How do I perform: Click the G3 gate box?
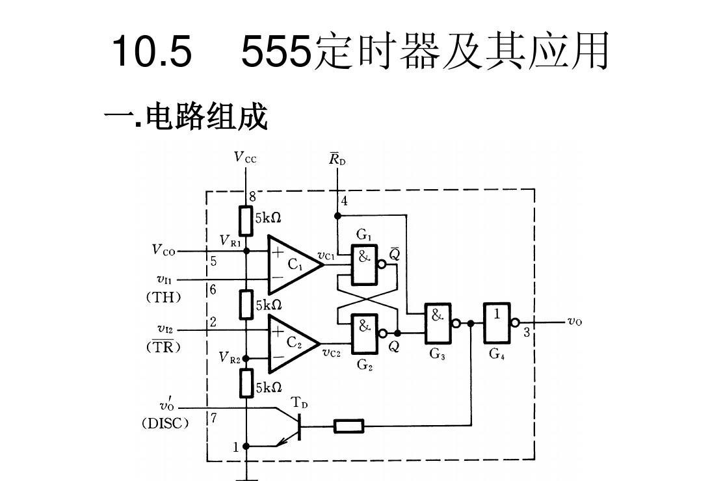[438, 323]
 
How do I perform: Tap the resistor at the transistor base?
[349, 426]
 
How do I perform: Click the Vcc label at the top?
[245, 157]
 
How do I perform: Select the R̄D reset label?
[337, 159]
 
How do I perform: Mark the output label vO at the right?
[575, 321]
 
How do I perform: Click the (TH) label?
[163, 297]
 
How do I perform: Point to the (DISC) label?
[165, 423]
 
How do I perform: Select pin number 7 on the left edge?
[213, 418]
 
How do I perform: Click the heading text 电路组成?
[206, 118]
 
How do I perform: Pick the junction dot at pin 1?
[246, 447]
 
